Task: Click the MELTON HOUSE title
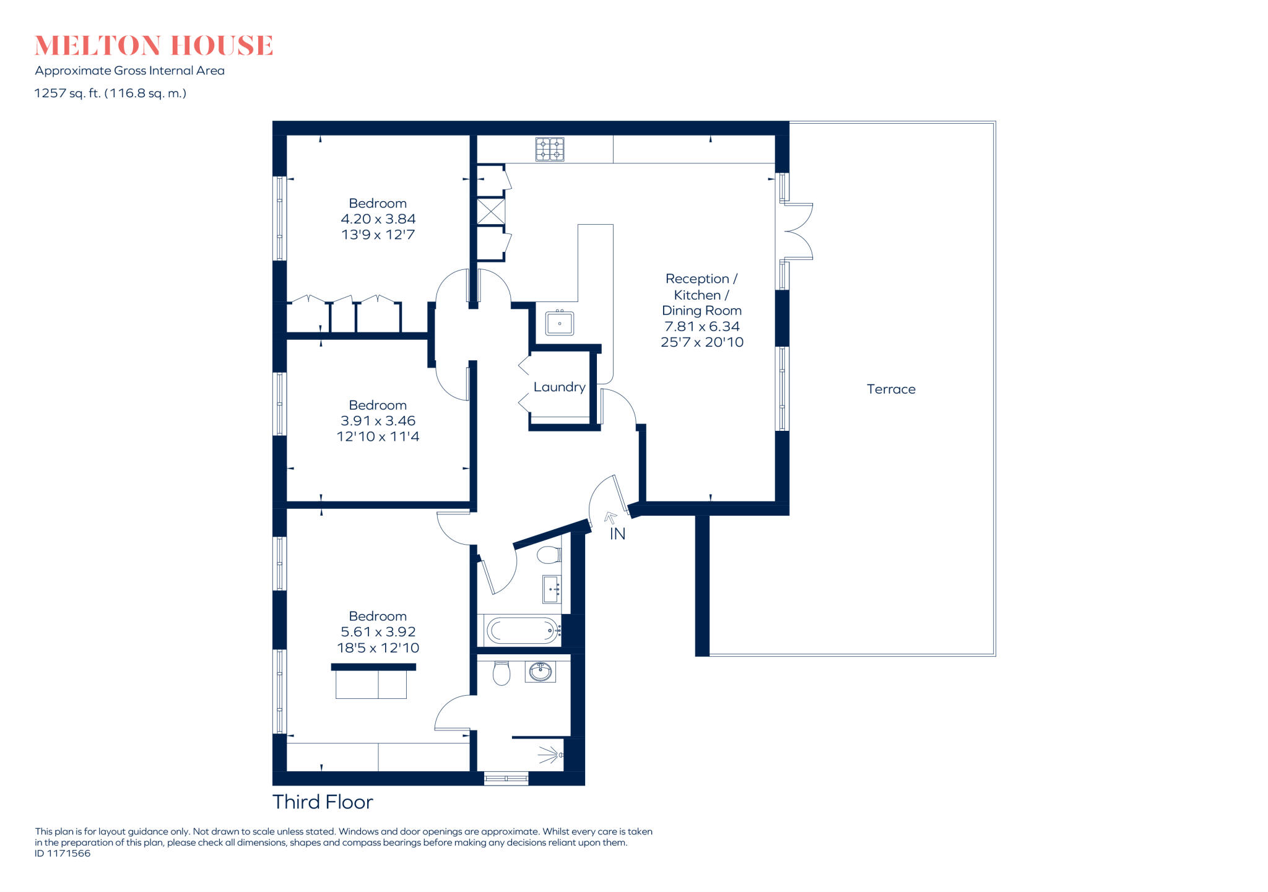pos(154,46)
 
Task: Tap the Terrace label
pos(890,389)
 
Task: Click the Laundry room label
pos(559,388)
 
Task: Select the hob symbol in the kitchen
pos(550,149)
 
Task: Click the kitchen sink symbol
pos(560,323)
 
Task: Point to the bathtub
pos(522,631)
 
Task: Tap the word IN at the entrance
pos(617,534)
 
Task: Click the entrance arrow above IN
pos(611,517)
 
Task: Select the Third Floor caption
pos(323,802)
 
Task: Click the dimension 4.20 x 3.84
pos(378,219)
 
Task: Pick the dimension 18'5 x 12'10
pos(378,648)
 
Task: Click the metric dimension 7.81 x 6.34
pos(701,326)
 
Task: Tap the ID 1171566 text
pos(63,854)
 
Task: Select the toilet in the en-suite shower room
pos(501,673)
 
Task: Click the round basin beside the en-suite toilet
pos(541,671)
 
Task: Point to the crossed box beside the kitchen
pos(491,212)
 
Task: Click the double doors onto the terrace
pos(797,231)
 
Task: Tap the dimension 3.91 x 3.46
pos(378,421)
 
